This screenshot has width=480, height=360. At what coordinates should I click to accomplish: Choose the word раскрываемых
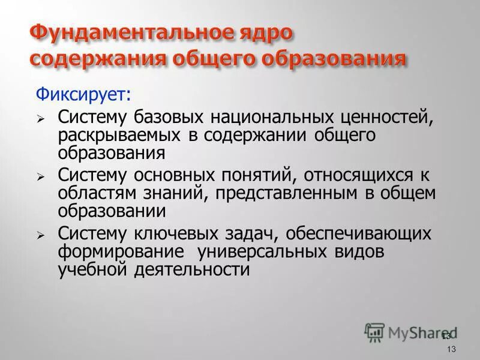tap(119, 135)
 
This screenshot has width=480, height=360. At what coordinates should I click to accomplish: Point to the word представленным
tap(299, 193)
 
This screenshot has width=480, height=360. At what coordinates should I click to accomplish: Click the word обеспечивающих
tap(360, 233)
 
